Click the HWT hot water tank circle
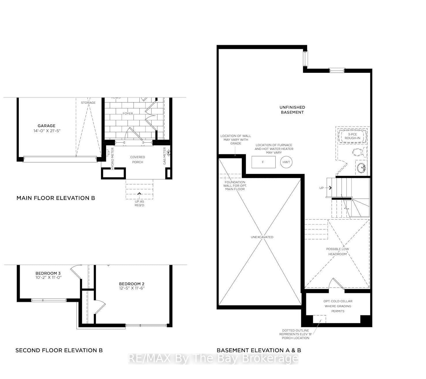pos(286,162)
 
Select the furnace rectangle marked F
pos(263,162)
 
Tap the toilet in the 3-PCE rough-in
pos(360,152)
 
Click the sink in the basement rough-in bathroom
pos(361,168)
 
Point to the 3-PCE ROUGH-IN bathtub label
pos(352,136)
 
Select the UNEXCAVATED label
pos(262,237)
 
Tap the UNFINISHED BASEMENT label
pos(292,110)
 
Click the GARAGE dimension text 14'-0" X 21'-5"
pos(46,131)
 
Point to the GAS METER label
pos(165,156)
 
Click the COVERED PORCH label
pos(138,159)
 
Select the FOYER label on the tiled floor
pos(128,114)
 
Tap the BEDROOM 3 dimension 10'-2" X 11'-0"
pos(48,277)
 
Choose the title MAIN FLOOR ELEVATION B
pos(56,198)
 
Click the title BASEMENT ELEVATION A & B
pos(259,350)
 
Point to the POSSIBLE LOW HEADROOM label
pos(337,251)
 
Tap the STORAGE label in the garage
pos(88,103)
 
